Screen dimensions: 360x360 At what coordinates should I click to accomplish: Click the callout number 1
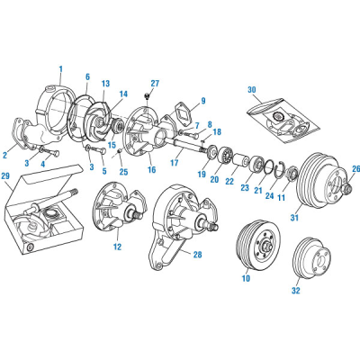click(61, 67)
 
